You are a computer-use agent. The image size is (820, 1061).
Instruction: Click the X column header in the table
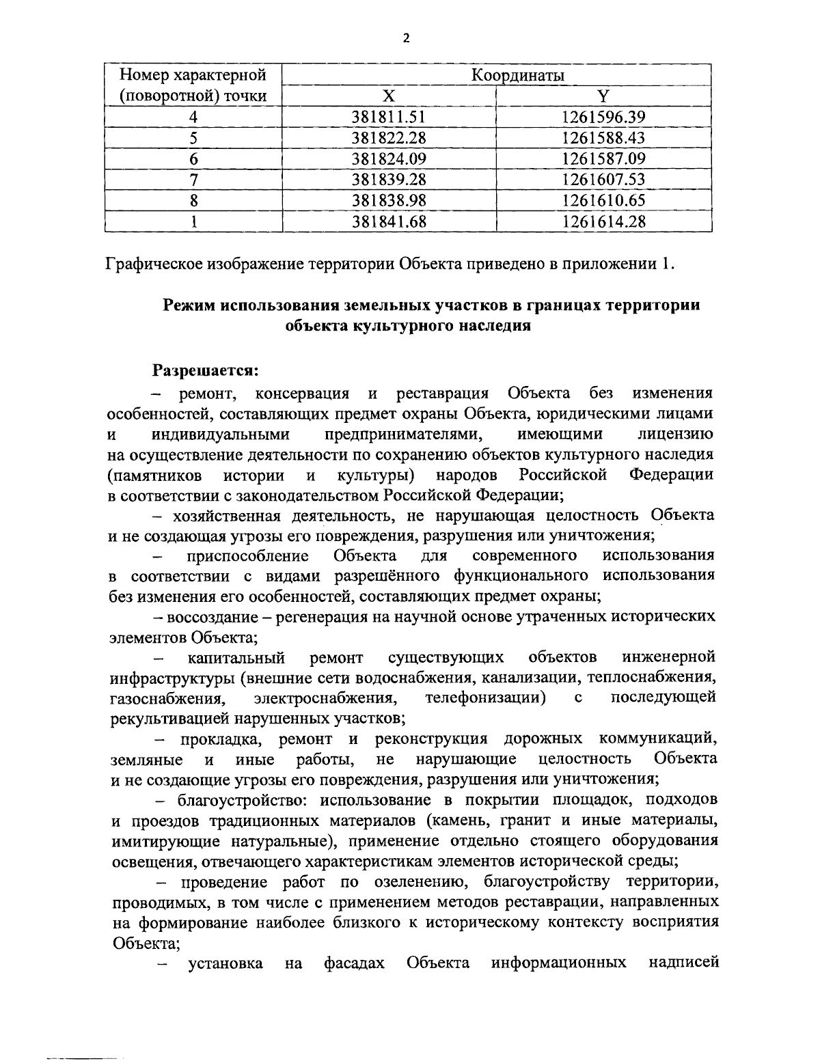pyautogui.click(x=388, y=96)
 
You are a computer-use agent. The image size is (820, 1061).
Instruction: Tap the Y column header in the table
pyautogui.click(x=603, y=96)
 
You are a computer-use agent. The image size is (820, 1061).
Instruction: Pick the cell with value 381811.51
pyautogui.click(x=388, y=117)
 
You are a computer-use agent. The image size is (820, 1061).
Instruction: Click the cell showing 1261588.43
pyautogui.click(x=603, y=138)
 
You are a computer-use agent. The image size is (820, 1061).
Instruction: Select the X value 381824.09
pyautogui.click(x=388, y=159)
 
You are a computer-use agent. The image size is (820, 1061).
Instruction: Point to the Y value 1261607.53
pyautogui.click(x=603, y=180)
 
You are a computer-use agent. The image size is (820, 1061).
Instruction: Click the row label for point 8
pyautogui.click(x=193, y=201)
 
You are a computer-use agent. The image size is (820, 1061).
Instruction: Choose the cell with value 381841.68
pyautogui.click(x=388, y=222)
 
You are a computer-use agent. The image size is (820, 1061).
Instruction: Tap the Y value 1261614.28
pyautogui.click(x=603, y=222)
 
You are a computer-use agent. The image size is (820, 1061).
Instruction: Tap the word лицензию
pyautogui.click(x=675, y=435)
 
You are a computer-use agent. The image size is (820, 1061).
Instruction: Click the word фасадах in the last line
pyautogui.click(x=354, y=963)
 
